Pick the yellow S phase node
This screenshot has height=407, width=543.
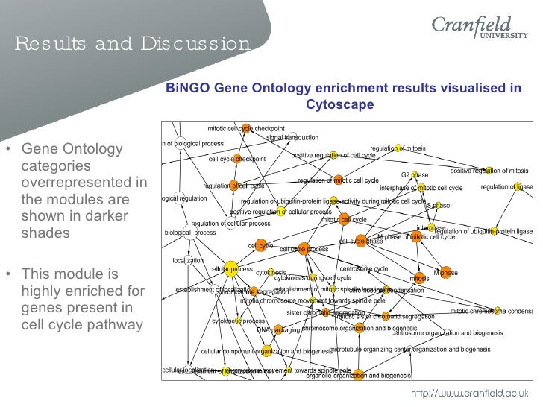coord(430,205)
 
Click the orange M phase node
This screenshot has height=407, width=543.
coord(446,273)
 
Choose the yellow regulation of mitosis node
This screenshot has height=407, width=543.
coord(398,147)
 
